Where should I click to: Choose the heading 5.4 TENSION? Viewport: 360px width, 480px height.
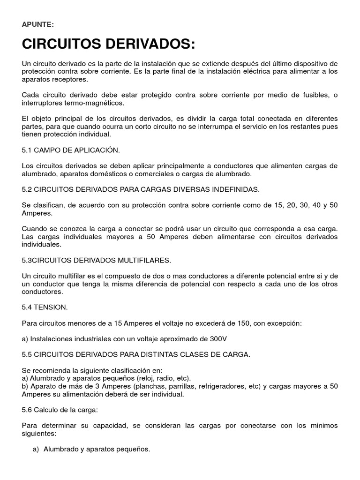click(x=45, y=307)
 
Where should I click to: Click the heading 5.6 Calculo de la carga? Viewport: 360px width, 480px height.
click(x=60, y=410)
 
